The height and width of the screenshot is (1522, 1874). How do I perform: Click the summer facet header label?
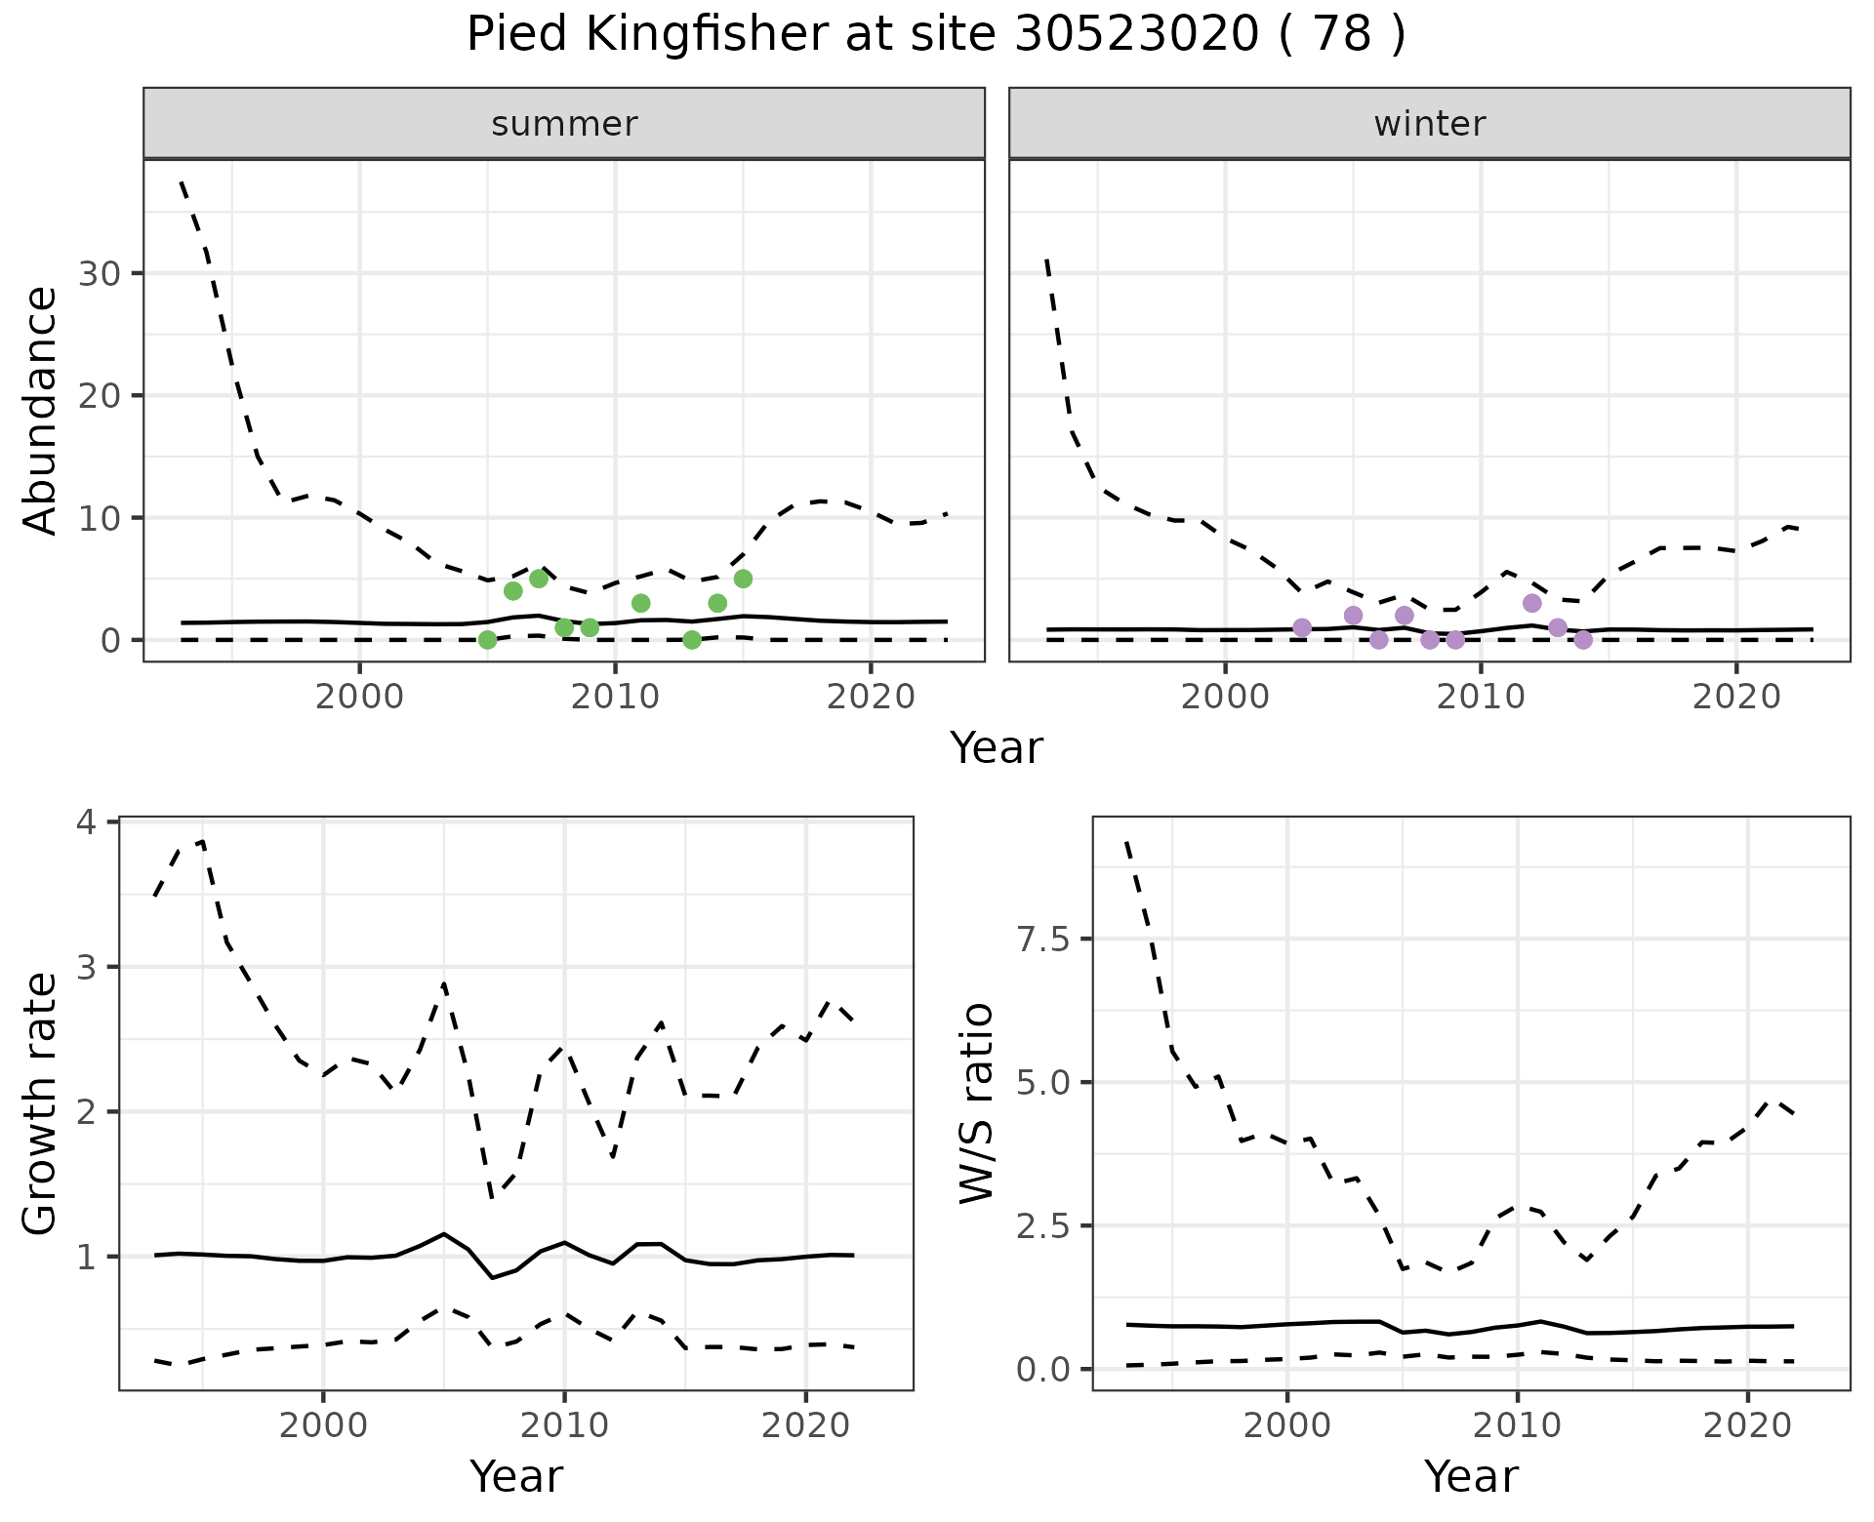(x=564, y=124)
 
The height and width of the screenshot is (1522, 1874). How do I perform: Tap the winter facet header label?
(x=1429, y=124)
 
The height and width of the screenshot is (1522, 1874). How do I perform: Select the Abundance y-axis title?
(x=40, y=410)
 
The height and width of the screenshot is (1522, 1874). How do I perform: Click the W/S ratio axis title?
(x=976, y=1102)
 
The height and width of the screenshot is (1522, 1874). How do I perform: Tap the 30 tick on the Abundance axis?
(x=100, y=273)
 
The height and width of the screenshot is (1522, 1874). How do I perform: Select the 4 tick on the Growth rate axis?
(x=88, y=822)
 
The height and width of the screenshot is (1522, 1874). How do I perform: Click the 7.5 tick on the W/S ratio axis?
(x=1042, y=939)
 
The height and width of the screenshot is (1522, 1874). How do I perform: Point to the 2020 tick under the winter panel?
(x=1736, y=697)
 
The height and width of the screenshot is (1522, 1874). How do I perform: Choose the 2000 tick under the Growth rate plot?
(x=323, y=1424)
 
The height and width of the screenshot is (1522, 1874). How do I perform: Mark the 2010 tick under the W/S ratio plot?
(x=1517, y=1424)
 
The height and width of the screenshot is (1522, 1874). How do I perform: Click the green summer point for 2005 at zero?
(x=488, y=640)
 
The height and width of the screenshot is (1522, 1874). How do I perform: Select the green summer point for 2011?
(x=641, y=603)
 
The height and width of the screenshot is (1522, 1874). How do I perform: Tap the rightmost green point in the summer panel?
(x=743, y=579)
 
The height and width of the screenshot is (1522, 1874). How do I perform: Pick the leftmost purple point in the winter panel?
(x=1302, y=627)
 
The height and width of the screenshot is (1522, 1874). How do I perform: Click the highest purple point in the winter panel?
(x=1532, y=603)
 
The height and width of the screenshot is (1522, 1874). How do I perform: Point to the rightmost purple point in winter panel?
(x=1583, y=640)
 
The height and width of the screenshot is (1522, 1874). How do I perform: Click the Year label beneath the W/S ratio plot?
(x=1471, y=1476)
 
